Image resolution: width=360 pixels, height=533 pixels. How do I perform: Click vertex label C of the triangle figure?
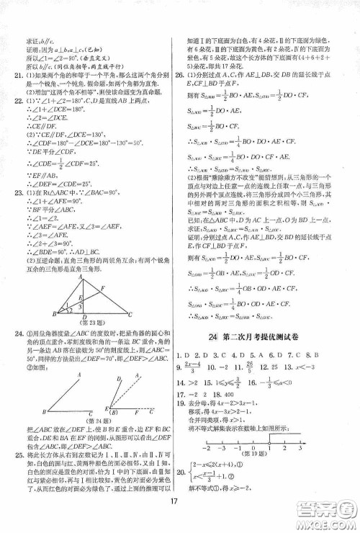point(150,294)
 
